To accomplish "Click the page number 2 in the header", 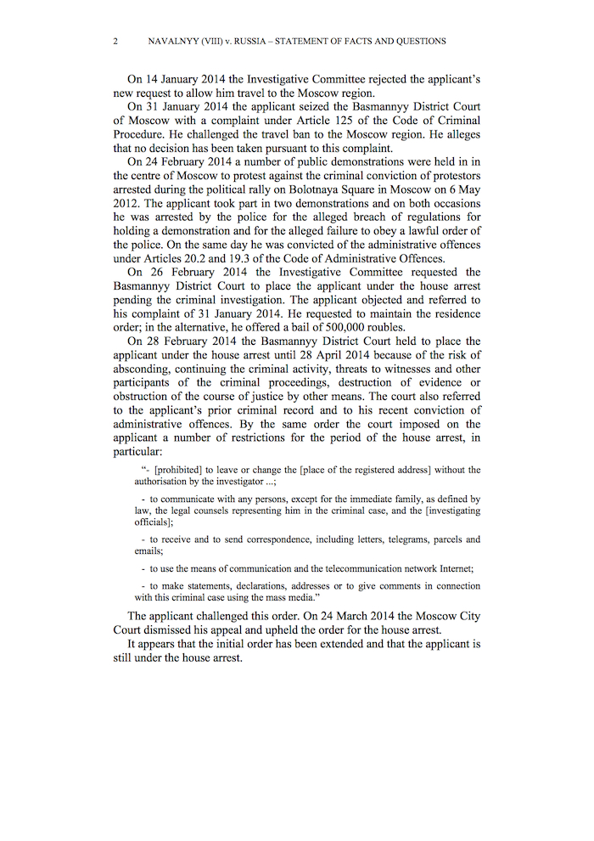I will tap(115, 41).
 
